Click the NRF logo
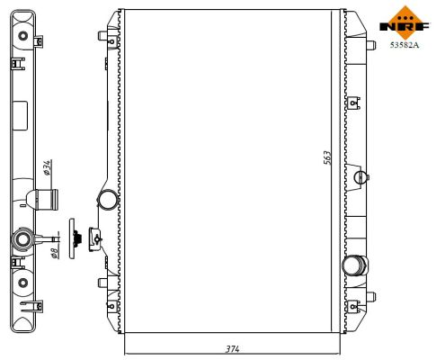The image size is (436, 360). click(x=405, y=20)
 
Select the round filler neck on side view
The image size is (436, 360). click(x=22, y=240)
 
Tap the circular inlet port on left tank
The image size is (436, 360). click(x=107, y=199)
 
